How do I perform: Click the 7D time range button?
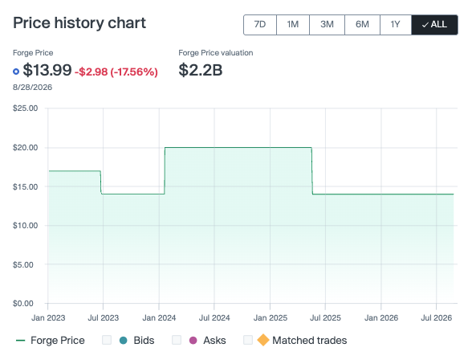[x=260, y=25]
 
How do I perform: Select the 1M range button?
[x=293, y=25]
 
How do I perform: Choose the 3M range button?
[x=327, y=25]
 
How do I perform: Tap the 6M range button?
[x=362, y=25]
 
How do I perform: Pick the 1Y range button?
[x=396, y=25]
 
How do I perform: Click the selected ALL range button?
[x=435, y=25]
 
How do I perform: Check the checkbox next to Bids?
[x=107, y=340]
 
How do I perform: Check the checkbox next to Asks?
[x=177, y=340]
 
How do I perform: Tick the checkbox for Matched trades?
[x=248, y=340]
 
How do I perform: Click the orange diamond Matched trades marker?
[x=263, y=340]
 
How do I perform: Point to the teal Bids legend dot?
[x=124, y=341]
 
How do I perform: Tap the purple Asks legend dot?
[x=193, y=341]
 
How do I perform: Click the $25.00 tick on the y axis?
[x=26, y=108]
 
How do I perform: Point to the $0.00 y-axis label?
[x=22, y=304]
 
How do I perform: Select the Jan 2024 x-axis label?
[x=159, y=318]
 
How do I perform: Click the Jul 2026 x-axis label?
[x=436, y=318]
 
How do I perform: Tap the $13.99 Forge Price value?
[x=47, y=70]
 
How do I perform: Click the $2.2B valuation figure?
[x=201, y=70]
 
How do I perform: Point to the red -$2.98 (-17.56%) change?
[x=116, y=72]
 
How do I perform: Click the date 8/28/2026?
[x=32, y=88]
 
